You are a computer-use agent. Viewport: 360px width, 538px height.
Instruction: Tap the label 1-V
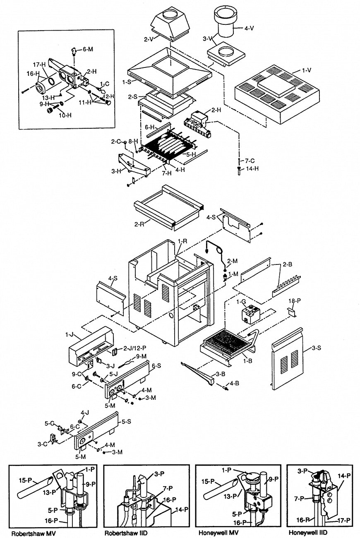click(306, 71)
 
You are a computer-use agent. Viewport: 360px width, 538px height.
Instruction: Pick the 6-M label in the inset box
click(88, 49)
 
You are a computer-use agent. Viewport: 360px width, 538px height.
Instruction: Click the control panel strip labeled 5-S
click(97, 430)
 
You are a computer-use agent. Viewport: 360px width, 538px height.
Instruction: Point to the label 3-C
click(42, 444)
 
